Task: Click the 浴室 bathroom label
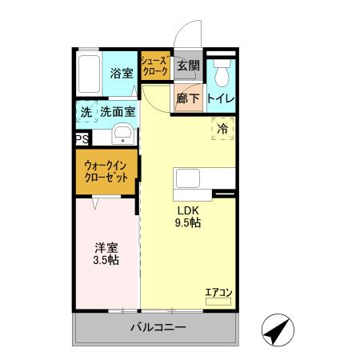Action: (122, 71)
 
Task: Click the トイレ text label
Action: (220, 98)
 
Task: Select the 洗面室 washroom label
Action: (118, 112)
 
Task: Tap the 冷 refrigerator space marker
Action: (222, 128)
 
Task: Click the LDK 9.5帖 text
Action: (189, 217)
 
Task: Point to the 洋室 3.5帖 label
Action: (104, 253)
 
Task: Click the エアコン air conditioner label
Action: (218, 293)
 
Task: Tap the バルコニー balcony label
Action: (158, 329)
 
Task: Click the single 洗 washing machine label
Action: (86, 112)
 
